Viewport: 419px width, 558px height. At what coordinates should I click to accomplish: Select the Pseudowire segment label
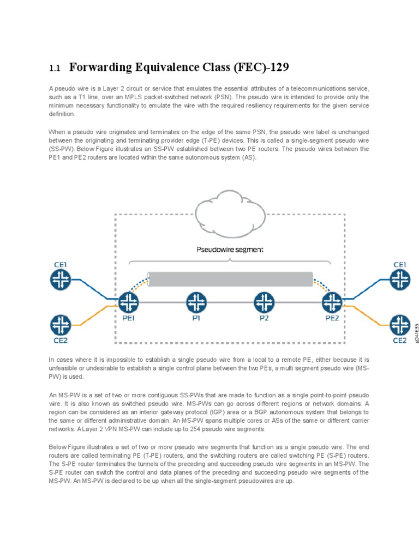pos(230,250)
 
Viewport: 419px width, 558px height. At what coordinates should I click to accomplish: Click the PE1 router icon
pos(129,302)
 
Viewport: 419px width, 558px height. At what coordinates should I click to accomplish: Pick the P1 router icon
pos(196,302)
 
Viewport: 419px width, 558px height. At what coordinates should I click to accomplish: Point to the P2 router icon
pos(264,302)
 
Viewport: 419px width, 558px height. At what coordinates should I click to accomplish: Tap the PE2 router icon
pos(332,302)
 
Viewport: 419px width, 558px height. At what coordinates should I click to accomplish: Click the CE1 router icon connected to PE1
pos(61,280)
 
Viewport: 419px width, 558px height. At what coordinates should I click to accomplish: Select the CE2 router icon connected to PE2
pos(400,325)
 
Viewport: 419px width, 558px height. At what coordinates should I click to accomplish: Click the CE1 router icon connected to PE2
pos(400,280)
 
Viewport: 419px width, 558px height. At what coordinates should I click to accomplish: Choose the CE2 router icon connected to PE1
pos(61,325)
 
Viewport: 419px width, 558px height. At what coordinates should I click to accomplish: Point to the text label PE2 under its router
pos(332,319)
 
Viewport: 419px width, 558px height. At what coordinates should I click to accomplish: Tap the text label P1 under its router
pos(196,319)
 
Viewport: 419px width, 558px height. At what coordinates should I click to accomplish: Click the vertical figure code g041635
pos(417,333)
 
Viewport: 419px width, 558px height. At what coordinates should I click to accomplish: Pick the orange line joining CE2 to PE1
pos(98,315)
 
